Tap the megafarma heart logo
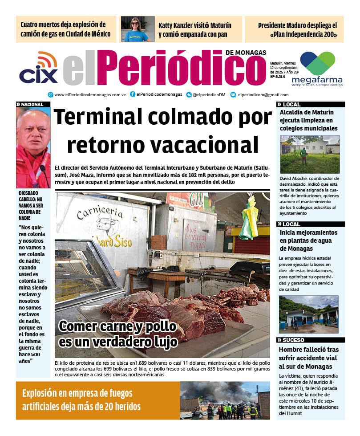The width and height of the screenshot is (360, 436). pos(317,63)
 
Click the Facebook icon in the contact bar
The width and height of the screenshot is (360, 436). pos(133,94)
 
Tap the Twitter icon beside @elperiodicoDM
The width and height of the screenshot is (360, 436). pos(189,94)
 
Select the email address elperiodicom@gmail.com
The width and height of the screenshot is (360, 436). pos(263,94)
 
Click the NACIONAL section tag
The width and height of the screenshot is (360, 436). pos(32,104)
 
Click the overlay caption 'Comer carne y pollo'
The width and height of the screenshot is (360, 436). pos(117,326)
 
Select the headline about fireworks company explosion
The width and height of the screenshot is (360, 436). pos(81,400)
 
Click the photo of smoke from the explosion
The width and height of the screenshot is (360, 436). pos(225,400)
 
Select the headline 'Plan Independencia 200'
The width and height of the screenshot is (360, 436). pos(297,29)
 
